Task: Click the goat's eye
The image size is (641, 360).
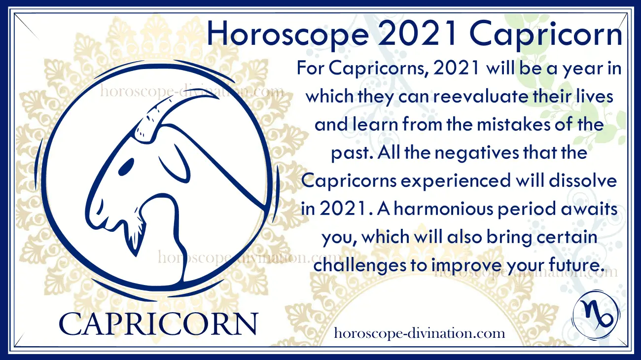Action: click(126, 167)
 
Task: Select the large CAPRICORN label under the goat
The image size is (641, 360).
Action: click(158, 324)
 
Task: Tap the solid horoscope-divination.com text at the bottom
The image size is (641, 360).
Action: click(419, 334)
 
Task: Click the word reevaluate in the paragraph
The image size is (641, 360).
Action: click(480, 97)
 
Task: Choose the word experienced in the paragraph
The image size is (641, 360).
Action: click(456, 181)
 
